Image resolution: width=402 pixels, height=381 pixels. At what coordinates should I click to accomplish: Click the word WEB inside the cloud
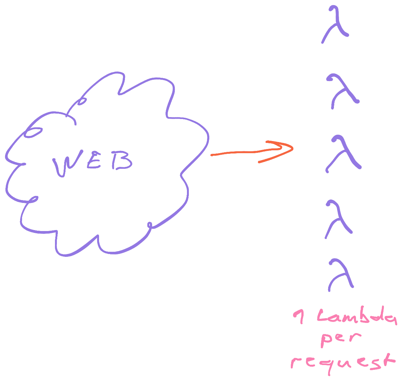coord(92,163)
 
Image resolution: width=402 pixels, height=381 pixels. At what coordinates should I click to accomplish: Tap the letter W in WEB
coord(67,163)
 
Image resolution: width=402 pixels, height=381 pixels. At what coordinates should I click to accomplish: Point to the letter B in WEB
coord(122,161)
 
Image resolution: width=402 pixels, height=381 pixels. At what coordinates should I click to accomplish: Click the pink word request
coord(343,364)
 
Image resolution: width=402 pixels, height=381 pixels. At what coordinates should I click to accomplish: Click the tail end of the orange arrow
coord(212,155)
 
